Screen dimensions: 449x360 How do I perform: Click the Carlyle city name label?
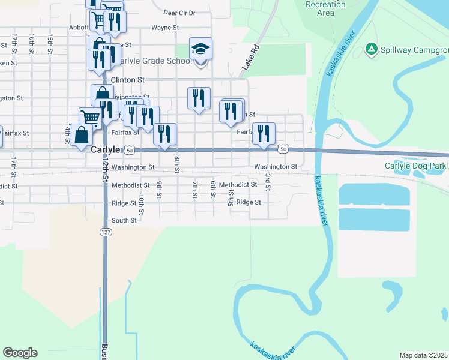click(x=106, y=150)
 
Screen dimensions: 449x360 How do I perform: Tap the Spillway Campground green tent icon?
click(x=372, y=49)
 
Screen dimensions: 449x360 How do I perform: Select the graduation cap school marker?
click(x=201, y=49)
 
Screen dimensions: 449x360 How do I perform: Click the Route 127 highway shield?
click(x=104, y=231)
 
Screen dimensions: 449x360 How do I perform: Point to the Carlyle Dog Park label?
click(x=415, y=166)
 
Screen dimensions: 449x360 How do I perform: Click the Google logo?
click(x=20, y=353)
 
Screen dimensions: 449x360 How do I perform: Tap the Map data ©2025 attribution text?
click(x=424, y=355)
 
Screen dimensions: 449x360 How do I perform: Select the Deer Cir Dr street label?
click(x=179, y=12)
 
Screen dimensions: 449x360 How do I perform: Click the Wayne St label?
click(x=165, y=28)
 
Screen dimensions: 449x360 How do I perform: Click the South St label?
click(x=124, y=221)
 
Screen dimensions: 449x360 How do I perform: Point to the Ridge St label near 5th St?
click(x=249, y=202)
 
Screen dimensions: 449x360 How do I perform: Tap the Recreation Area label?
click(x=325, y=8)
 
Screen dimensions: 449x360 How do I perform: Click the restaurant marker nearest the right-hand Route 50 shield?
click(x=263, y=133)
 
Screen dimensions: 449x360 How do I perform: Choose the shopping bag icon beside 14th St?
click(x=81, y=135)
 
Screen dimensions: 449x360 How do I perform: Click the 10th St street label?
click(x=141, y=203)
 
